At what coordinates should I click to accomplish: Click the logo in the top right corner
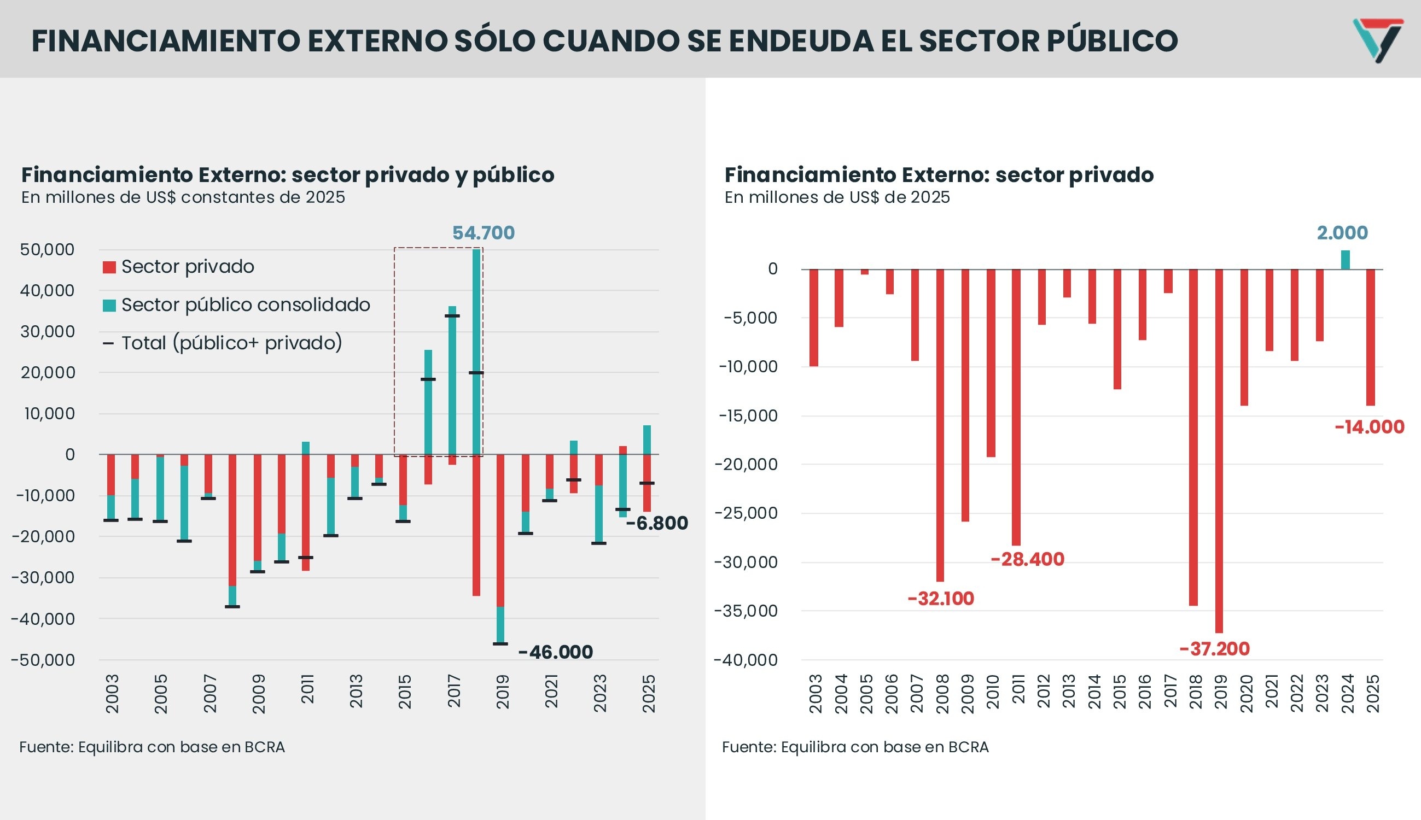[x=1377, y=39]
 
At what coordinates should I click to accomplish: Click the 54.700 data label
[x=484, y=232]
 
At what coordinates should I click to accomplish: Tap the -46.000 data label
[x=556, y=652]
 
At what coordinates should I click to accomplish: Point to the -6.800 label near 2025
[x=657, y=523]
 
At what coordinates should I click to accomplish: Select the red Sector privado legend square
[x=109, y=267]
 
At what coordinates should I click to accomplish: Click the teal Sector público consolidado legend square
[x=109, y=305]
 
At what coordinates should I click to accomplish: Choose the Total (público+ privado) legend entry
[x=231, y=342]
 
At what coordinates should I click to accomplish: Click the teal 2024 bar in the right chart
[x=1346, y=260]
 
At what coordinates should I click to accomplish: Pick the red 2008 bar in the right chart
[x=940, y=425]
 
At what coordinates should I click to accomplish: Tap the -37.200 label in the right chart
[x=1215, y=649]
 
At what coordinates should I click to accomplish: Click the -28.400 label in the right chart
[x=1027, y=559]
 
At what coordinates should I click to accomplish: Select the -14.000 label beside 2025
[x=1369, y=427]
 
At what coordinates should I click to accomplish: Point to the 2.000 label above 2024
[x=1342, y=232]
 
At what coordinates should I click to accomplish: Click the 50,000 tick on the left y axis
[x=48, y=249]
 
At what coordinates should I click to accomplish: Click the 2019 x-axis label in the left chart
[x=503, y=693]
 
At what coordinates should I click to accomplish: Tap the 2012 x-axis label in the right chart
[x=1044, y=693]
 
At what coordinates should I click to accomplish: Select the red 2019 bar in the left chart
[x=500, y=529]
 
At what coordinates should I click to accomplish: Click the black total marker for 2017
[x=452, y=316]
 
